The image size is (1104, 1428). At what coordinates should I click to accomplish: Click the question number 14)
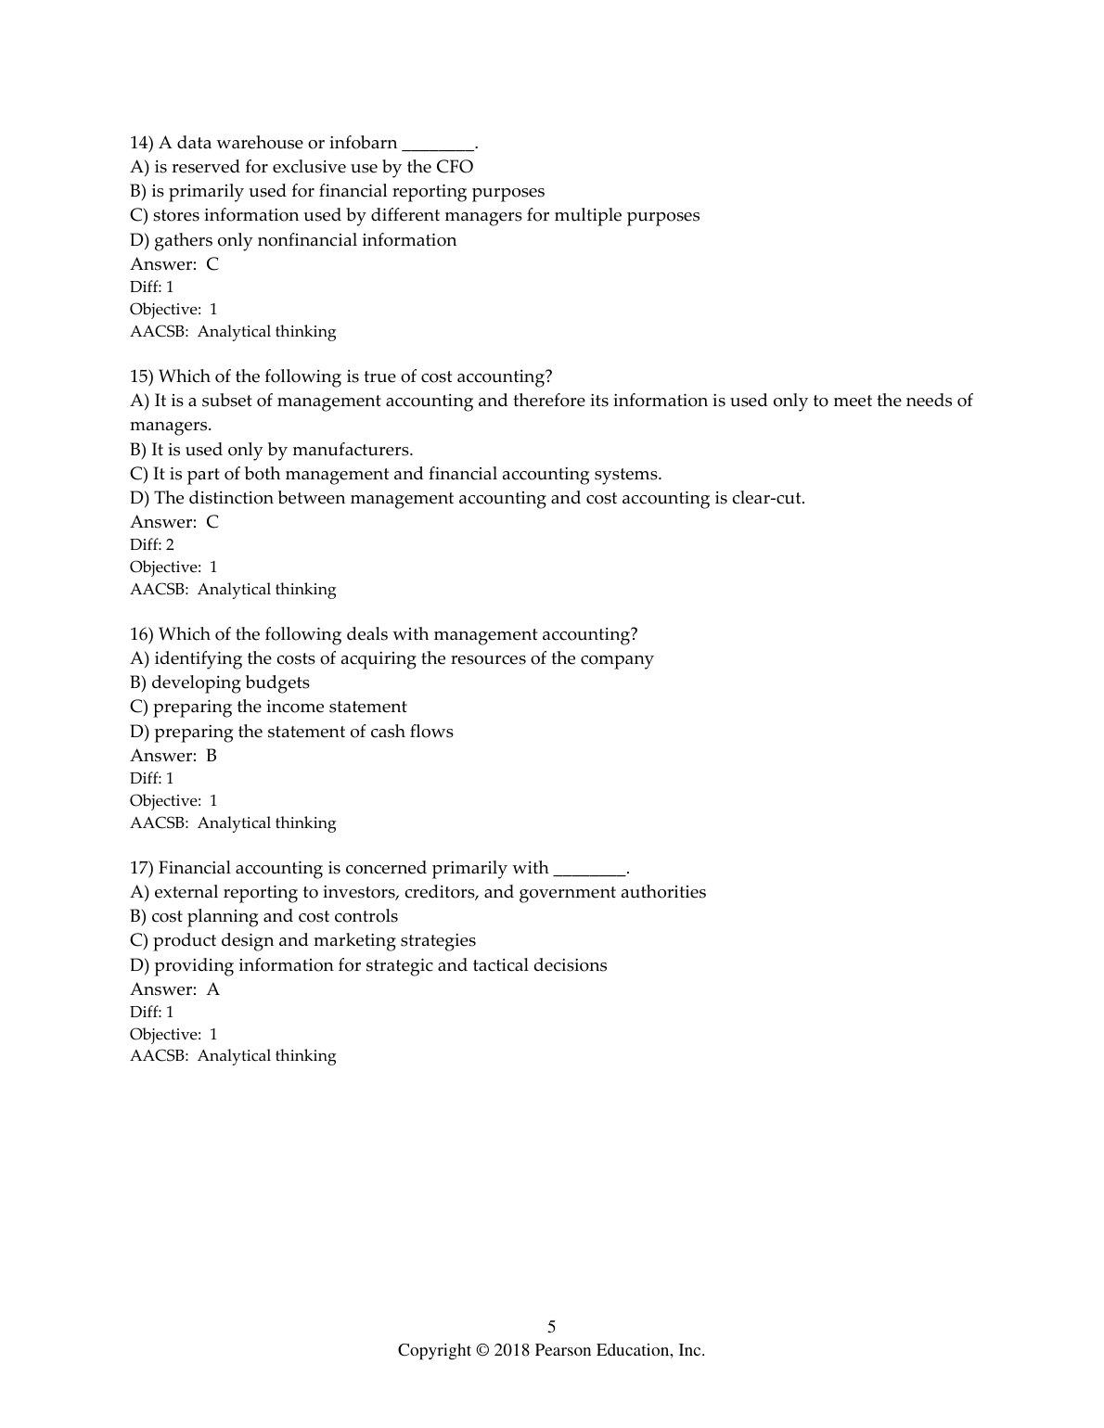coord(141,143)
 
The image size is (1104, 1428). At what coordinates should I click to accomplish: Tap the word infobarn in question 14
coord(363,143)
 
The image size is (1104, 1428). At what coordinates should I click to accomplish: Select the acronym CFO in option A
coord(455,167)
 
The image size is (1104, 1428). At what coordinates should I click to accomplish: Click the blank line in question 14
coord(438,147)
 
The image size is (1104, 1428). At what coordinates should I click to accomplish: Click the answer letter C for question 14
coord(212,264)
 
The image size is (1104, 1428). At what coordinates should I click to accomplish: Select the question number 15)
coord(141,376)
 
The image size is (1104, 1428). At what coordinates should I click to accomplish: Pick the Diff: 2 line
coord(152,544)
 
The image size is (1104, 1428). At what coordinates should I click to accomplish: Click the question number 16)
coord(141,634)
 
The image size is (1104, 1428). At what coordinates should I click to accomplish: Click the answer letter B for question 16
coord(212,756)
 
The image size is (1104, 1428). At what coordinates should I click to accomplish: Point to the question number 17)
coord(141,868)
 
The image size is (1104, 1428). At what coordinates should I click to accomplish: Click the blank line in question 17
coord(590,872)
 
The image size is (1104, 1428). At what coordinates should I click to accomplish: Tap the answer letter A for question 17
coord(212,989)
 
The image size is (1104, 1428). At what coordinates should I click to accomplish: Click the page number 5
coord(552,1327)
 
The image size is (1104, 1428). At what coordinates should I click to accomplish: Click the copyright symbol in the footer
coord(481,1350)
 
